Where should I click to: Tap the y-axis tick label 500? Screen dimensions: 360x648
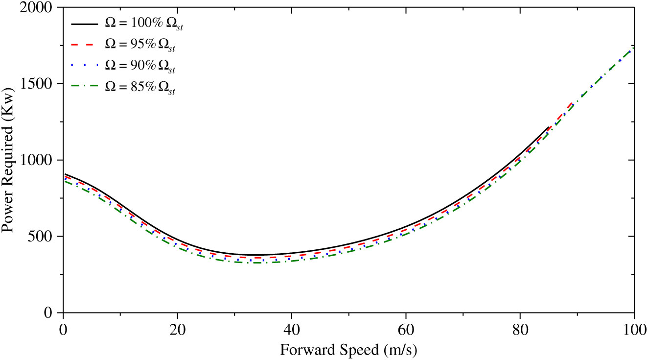point(44,237)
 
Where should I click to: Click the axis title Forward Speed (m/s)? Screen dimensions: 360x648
point(349,350)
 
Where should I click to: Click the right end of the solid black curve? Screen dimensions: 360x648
point(549,127)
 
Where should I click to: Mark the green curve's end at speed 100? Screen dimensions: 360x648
point(634,47)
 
